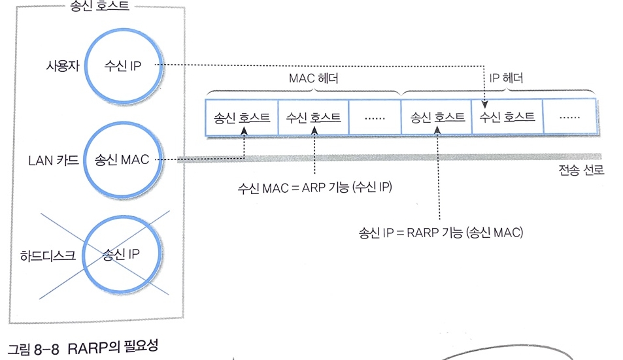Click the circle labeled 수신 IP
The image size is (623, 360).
(x=123, y=65)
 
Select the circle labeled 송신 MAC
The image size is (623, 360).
(x=122, y=159)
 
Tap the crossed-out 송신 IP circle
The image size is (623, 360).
(x=122, y=254)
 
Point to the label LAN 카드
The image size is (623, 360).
(x=54, y=159)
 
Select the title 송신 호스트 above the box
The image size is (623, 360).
(x=99, y=8)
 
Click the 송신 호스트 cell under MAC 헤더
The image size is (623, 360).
(x=242, y=118)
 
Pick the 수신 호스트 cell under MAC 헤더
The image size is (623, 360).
(x=314, y=118)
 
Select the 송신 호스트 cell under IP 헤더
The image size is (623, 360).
(x=437, y=118)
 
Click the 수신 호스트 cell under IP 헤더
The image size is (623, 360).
(x=507, y=118)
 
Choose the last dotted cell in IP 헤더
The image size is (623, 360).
(x=570, y=118)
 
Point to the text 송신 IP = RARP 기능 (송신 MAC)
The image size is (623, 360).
(x=441, y=231)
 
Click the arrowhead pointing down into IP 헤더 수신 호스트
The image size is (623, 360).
(x=484, y=103)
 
